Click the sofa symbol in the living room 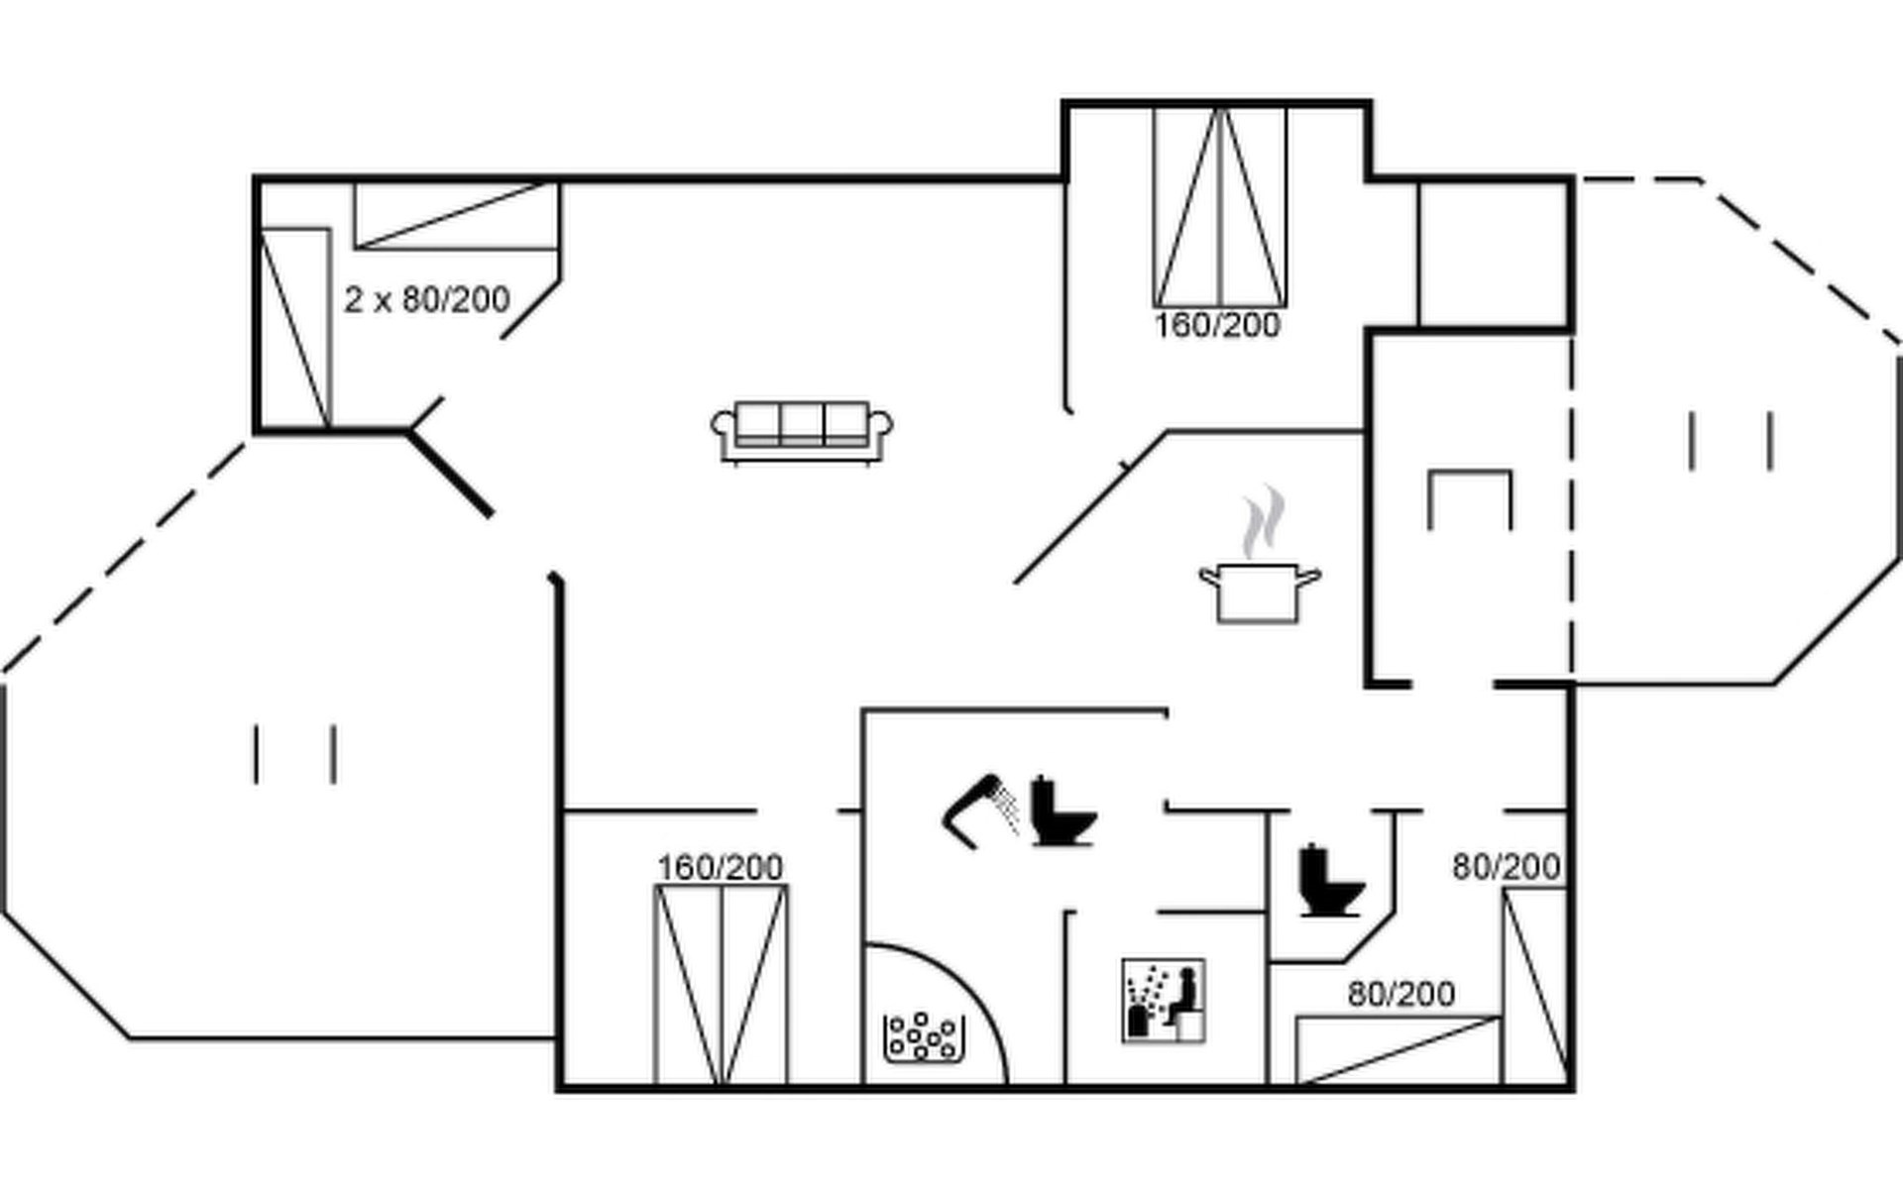point(802,432)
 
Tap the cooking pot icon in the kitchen point(1258,593)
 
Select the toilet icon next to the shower point(1061,812)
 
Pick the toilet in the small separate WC point(1329,881)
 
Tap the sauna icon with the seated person point(1164,1000)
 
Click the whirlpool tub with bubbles point(923,1037)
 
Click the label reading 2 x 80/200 point(427,299)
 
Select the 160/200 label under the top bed point(1217,325)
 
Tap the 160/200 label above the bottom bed point(721,868)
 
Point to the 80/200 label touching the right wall point(1507,868)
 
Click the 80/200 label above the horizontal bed point(1401,994)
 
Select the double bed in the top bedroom point(1220,207)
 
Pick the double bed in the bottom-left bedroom point(721,985)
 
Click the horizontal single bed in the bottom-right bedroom point(1398,1050)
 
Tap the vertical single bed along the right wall point(1534,986)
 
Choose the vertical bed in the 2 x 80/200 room point(294,328)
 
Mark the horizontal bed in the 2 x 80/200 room point(457,215)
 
